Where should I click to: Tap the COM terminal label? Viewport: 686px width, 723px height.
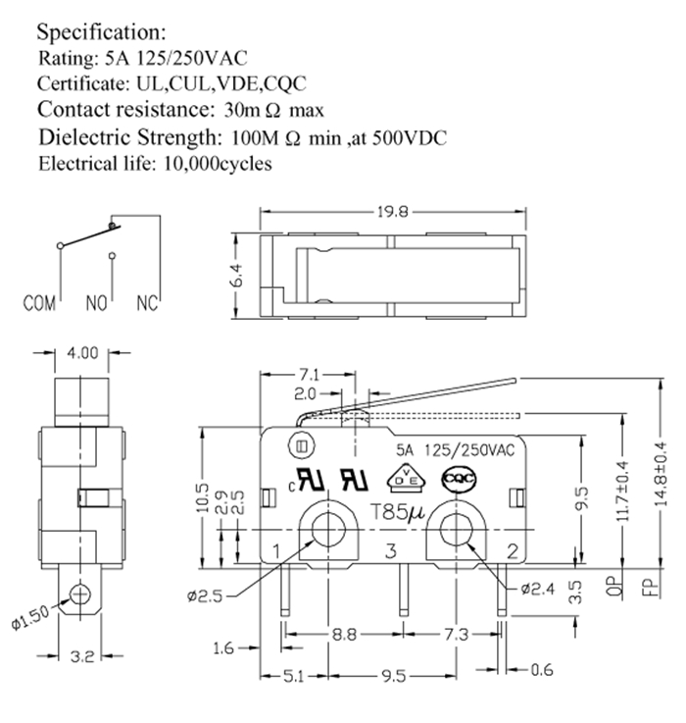pyautogui.click(x=40, y=303)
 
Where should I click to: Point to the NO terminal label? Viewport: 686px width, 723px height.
pyautogui.click(x=96, y=303)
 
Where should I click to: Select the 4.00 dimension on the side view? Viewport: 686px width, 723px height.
pyautogui.click(x=83, y=354)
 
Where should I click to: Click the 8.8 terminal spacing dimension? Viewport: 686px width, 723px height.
pyautogui.click(x=343, y=636)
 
